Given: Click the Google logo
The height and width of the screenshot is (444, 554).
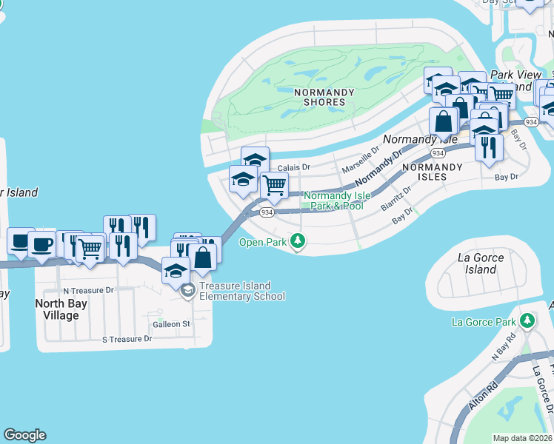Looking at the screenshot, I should click(x=24, y=435).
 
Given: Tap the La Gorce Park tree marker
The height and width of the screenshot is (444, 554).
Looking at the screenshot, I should click(x=527, y=322).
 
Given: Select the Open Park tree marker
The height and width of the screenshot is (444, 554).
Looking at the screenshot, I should click(x=298, y=241).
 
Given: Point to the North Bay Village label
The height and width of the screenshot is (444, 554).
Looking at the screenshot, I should click(x=61, y=309).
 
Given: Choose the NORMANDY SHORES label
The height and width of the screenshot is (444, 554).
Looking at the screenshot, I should click(x=319, y=97).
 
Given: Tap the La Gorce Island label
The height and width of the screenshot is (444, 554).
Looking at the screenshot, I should click(x=481, y=263).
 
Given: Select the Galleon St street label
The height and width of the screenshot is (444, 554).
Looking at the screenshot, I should click(x=171, y=324).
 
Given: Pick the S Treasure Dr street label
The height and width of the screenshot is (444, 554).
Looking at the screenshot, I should click(x=127, y=339).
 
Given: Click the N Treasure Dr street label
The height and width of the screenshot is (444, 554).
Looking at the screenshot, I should click(x=88, y=291).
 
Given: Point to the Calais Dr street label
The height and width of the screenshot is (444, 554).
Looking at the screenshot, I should click(x=293, y=168).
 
